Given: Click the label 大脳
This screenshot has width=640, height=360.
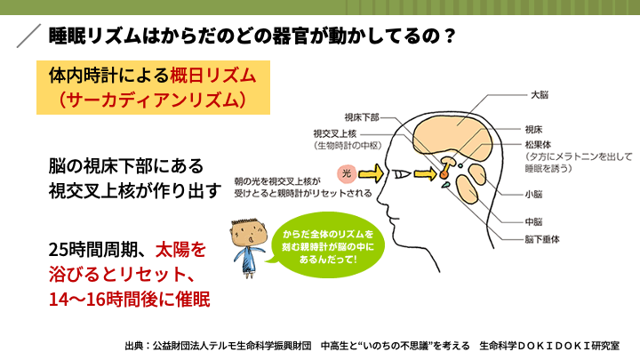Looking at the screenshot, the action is point(540,95).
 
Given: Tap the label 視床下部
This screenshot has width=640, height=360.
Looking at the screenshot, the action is point(362,117).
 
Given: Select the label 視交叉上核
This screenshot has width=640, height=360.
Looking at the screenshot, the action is point(335,133).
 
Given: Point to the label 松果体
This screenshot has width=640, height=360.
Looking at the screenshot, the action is point(538,145).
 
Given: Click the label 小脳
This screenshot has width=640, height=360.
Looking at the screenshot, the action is point(533,195).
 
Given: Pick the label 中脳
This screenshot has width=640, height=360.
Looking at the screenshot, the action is point(533,222).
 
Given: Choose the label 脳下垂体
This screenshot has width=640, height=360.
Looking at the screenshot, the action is point(542,239).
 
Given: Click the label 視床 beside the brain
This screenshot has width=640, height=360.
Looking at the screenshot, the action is point(533,130).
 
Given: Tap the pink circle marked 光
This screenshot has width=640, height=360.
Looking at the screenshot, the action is point(347,173).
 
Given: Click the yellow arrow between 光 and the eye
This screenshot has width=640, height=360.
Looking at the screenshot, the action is point(371,174).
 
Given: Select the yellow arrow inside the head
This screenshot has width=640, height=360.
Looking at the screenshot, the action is point(425,174).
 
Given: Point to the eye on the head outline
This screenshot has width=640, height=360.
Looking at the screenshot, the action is point(401,174).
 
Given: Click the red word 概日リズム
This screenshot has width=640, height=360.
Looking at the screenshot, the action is point(212,76).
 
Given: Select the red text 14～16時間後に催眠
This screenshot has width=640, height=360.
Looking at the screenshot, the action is point(130,300).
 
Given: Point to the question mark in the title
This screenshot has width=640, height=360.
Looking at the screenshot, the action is point(450,36).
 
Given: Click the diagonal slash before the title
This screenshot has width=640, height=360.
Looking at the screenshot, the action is point(28,36).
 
